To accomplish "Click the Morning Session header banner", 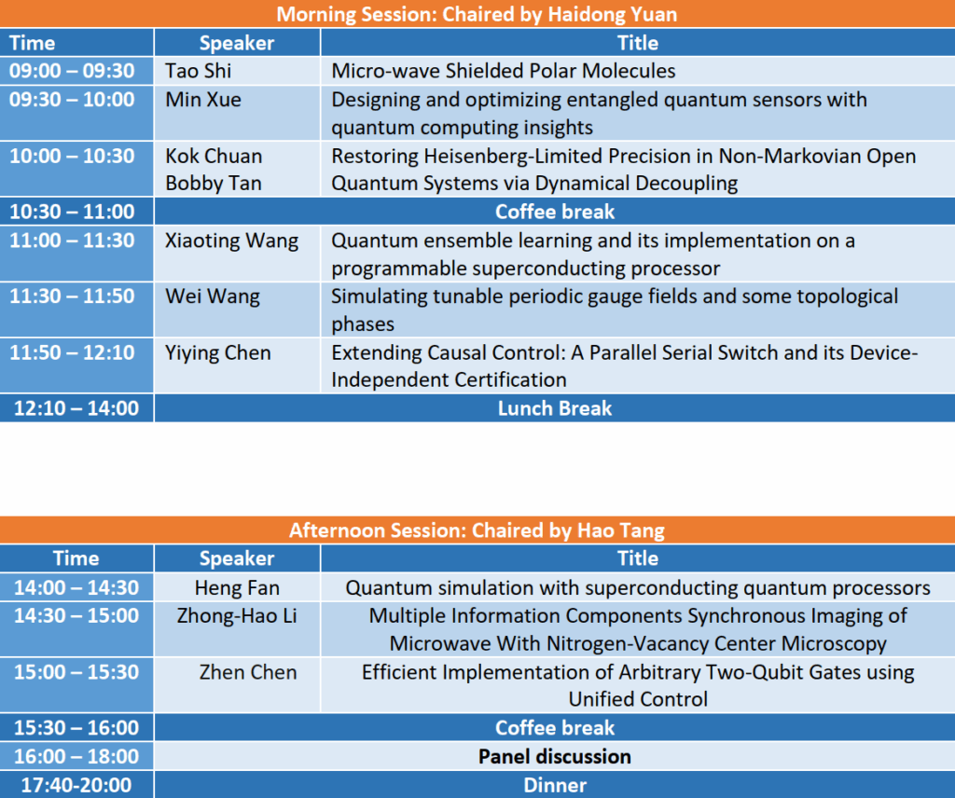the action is point(477,13).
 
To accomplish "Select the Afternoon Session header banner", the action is point(477,530).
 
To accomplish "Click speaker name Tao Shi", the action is point(199,71).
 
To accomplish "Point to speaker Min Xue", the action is point(203,99).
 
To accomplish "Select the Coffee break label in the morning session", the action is point(555,212).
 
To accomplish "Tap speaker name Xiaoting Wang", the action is point(232,241).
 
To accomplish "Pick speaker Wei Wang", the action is point(213,297).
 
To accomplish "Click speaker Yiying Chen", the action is point(218,353).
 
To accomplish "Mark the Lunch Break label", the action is point(555,407).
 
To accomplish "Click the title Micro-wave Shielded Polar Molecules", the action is point(503,71).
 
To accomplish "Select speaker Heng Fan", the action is point(237,587).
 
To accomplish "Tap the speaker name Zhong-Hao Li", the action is point(237,615).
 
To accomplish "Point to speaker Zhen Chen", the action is point(248,672).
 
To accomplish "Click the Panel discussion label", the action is point(555,756).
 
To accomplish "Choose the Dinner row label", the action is point(555,785).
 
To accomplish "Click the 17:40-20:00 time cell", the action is point(76,785).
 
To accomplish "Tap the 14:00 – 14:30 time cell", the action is point(76,587).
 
